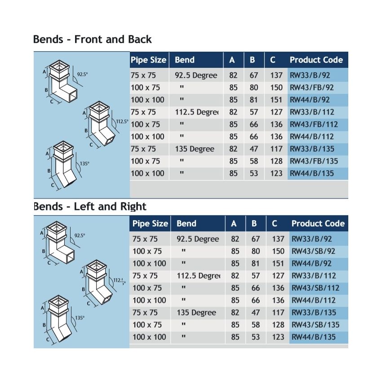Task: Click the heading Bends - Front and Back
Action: tap(92, 40)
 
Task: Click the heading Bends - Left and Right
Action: tap(90, 207)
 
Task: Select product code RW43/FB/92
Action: tap(311, 88)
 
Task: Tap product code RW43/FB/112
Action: tap(313, 124)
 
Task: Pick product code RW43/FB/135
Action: tap(313, 161)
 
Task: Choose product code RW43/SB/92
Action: tap(313, 251)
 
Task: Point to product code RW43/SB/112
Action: tap(315, 288)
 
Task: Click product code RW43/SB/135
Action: tap(315, 325)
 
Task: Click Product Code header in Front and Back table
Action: tap(316, 60)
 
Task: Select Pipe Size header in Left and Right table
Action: tap(150, 223)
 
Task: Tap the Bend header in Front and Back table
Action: tap(184, 60)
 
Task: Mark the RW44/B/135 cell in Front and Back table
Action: tap(311, 173)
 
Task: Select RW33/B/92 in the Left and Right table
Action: tap(311, 239)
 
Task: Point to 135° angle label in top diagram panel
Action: tap(84, 163)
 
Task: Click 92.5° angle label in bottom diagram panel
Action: tap(80, 235)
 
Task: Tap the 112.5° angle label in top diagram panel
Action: tap(122, 121)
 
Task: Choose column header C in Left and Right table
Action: tap(275, 223)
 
